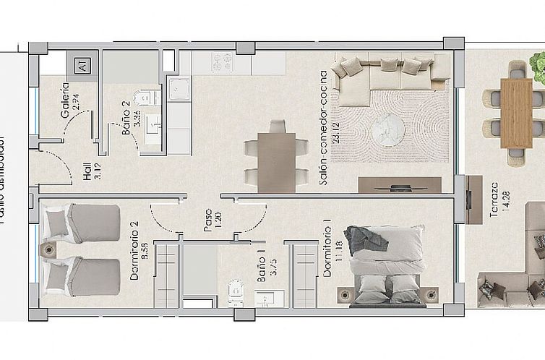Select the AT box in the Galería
(82, 67)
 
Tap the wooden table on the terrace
(516, 112)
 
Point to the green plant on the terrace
(538, 67)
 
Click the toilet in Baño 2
(147, 98)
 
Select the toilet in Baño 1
(237, 291)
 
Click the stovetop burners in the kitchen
(222, 62)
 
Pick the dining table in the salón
(276, 162)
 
